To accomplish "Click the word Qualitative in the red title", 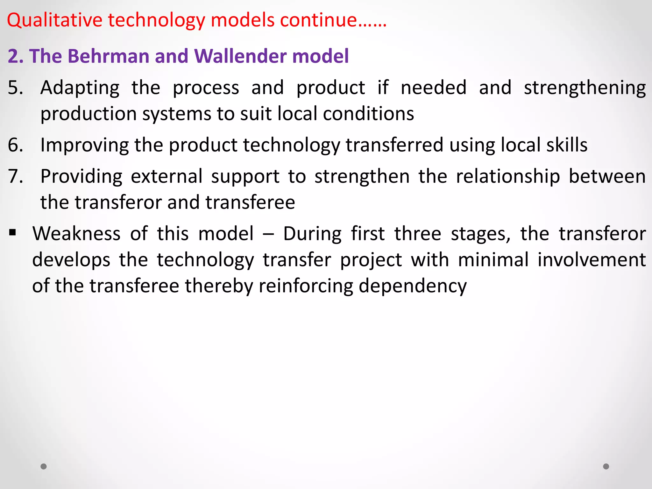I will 54,20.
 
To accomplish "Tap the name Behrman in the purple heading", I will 108,56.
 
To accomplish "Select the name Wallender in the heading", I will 240,56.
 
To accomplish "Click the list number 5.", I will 15,88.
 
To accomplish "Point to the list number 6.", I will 15,145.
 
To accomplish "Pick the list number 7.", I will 15,176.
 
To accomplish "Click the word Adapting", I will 80,88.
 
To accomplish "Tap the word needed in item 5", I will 434,88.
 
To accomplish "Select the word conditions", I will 368,114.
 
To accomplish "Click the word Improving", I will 84,145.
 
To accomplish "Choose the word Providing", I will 81,177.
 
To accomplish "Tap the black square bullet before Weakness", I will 13,232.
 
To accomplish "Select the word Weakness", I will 76,234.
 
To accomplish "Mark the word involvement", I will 592,260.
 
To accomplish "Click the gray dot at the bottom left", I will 44,466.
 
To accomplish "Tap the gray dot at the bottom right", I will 606,466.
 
